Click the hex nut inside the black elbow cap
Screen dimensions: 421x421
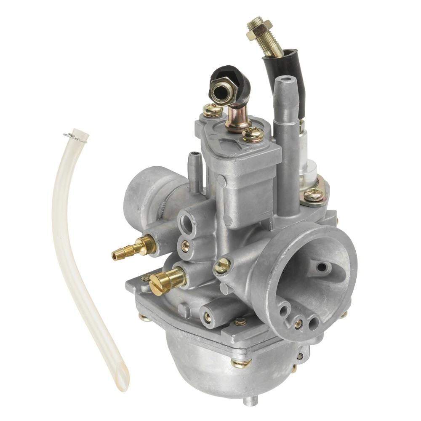(222, 92)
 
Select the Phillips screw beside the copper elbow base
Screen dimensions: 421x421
(253, 134)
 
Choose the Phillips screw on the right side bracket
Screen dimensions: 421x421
(314, 194)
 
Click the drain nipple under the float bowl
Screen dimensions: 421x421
(250, 401)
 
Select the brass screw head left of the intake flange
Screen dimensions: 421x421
(222, 266)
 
